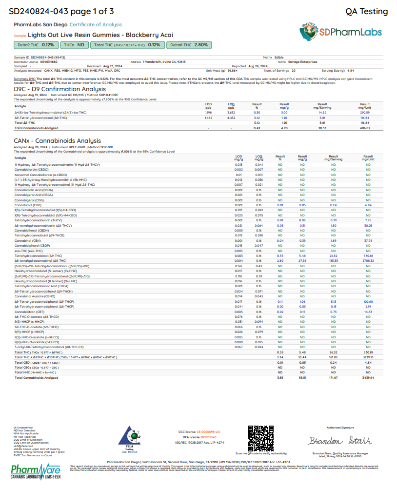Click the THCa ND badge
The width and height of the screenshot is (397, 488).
[x=75, y=45]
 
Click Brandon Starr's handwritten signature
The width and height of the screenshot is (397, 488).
[x=340, y=441]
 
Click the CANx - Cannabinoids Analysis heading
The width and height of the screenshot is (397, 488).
[x=57, y=141]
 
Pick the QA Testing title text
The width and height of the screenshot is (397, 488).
[x=366, y=11]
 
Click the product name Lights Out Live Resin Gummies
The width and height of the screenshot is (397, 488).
[x=100, y=35]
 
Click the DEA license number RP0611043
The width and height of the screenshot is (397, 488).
[x=207, y=437]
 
